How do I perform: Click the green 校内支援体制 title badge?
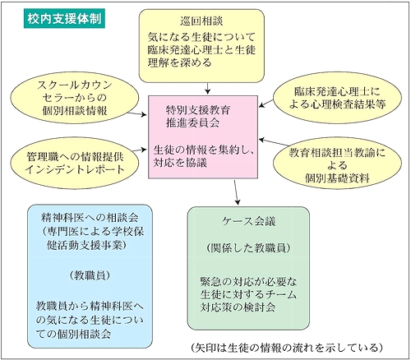64,19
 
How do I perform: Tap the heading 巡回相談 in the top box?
201,21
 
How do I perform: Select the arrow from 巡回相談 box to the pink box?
208,88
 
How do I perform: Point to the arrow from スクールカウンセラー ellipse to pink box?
137,113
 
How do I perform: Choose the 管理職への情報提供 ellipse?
75,163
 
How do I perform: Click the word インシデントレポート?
75,169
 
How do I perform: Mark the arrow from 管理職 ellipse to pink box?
139,150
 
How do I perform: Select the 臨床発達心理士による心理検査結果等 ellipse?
337,98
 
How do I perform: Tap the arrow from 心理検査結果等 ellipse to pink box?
266,104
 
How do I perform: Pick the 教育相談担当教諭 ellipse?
337,164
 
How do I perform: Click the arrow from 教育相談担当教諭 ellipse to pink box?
274,142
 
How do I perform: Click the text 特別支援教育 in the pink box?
198,110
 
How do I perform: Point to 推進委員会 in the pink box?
192,122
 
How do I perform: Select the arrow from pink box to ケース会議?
236,192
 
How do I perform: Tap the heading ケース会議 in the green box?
248,221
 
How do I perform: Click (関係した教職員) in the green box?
248,248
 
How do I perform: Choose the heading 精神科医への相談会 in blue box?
90,218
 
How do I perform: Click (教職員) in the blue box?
90,275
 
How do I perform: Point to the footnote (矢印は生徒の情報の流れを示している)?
286,348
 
